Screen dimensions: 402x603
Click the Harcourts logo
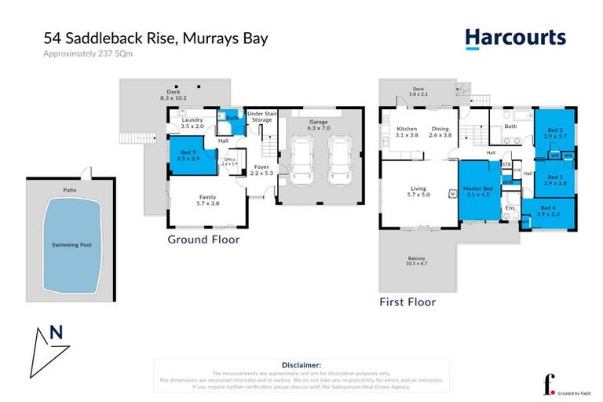[x=514, y=38]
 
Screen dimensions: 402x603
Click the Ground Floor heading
[x=203, y=239]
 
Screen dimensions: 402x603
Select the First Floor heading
[x=407, y=301]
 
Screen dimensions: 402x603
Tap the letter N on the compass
[x=56, y=331]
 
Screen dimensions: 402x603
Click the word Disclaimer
[x=301, y=365]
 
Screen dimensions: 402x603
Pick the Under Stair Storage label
[x=261, y=117]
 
